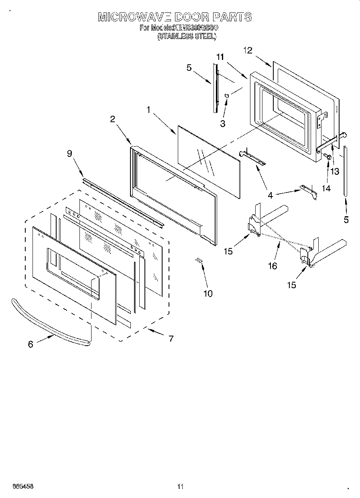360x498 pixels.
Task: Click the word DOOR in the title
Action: pyautogui.click(x=187, y=17)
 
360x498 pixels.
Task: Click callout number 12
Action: pyautogui.click(x=248, y=50)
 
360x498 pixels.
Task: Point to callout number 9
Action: pyautogui.click(x=69, y=153)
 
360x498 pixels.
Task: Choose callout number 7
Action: pyautogui.click(x=171, y=338)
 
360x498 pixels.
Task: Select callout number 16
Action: pyautogui.click(x=273, y=266)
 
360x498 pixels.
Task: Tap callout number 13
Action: pyautogui.click(x=334, y=171)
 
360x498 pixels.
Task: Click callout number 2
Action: pyautogui.click(x=112, y=119)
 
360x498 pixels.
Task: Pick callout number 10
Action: pyautogui.click(x=207, y=293)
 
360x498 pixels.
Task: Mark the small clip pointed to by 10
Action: pyautogui.click(x=199, y=261)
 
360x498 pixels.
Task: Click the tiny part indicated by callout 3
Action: pyautogui.click(x=227, y=96)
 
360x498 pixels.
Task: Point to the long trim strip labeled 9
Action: pyautogui.click(x=124, y=201)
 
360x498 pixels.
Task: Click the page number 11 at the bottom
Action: pyautogui.click(x=180, y=486)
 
